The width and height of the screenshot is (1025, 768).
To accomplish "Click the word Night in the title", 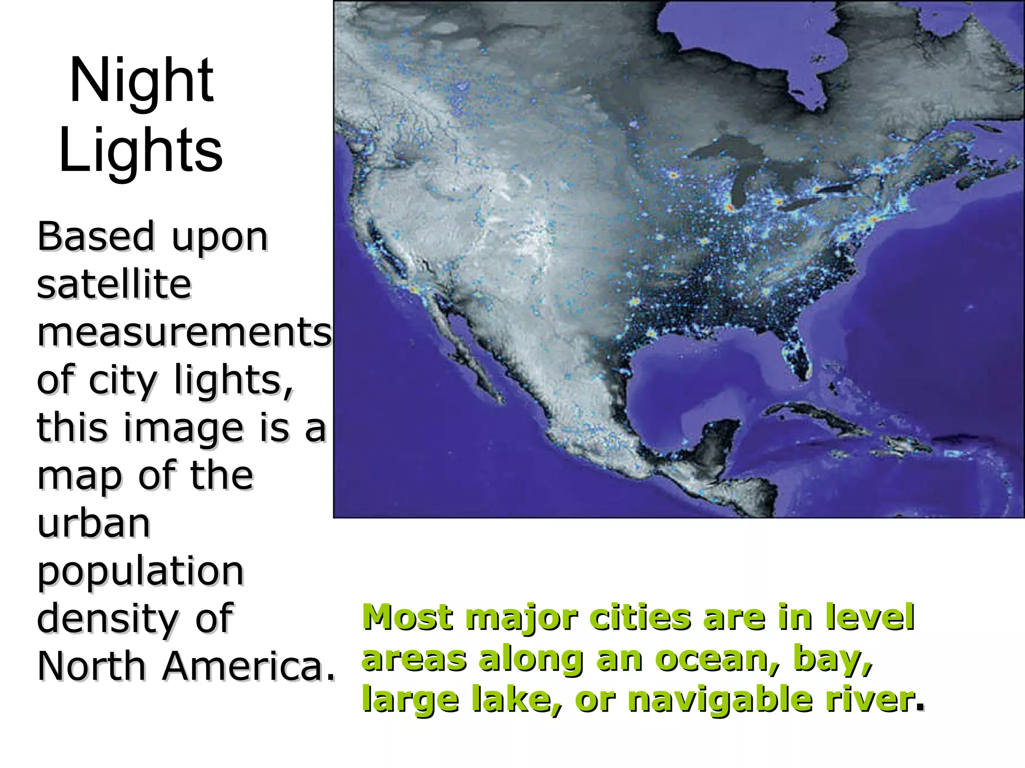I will pyautogui.click(x=142, y=80).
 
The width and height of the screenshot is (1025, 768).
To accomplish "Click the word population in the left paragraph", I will pyautogui.click(x=140, y=571).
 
